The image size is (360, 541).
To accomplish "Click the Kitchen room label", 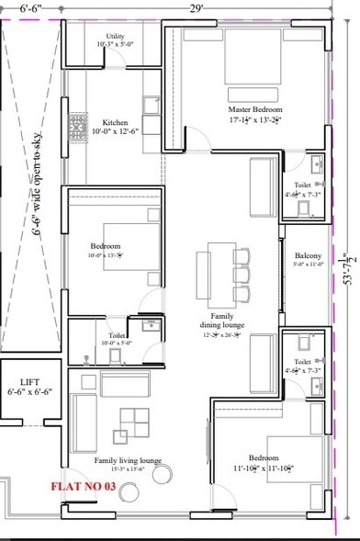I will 115,123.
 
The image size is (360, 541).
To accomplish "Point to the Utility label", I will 115,36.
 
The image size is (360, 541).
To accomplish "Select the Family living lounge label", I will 127,460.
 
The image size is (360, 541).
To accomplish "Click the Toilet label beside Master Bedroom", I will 302,184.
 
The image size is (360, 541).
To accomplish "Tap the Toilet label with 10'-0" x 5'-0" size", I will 117,336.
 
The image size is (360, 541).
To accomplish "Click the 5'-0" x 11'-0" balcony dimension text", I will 308,265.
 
